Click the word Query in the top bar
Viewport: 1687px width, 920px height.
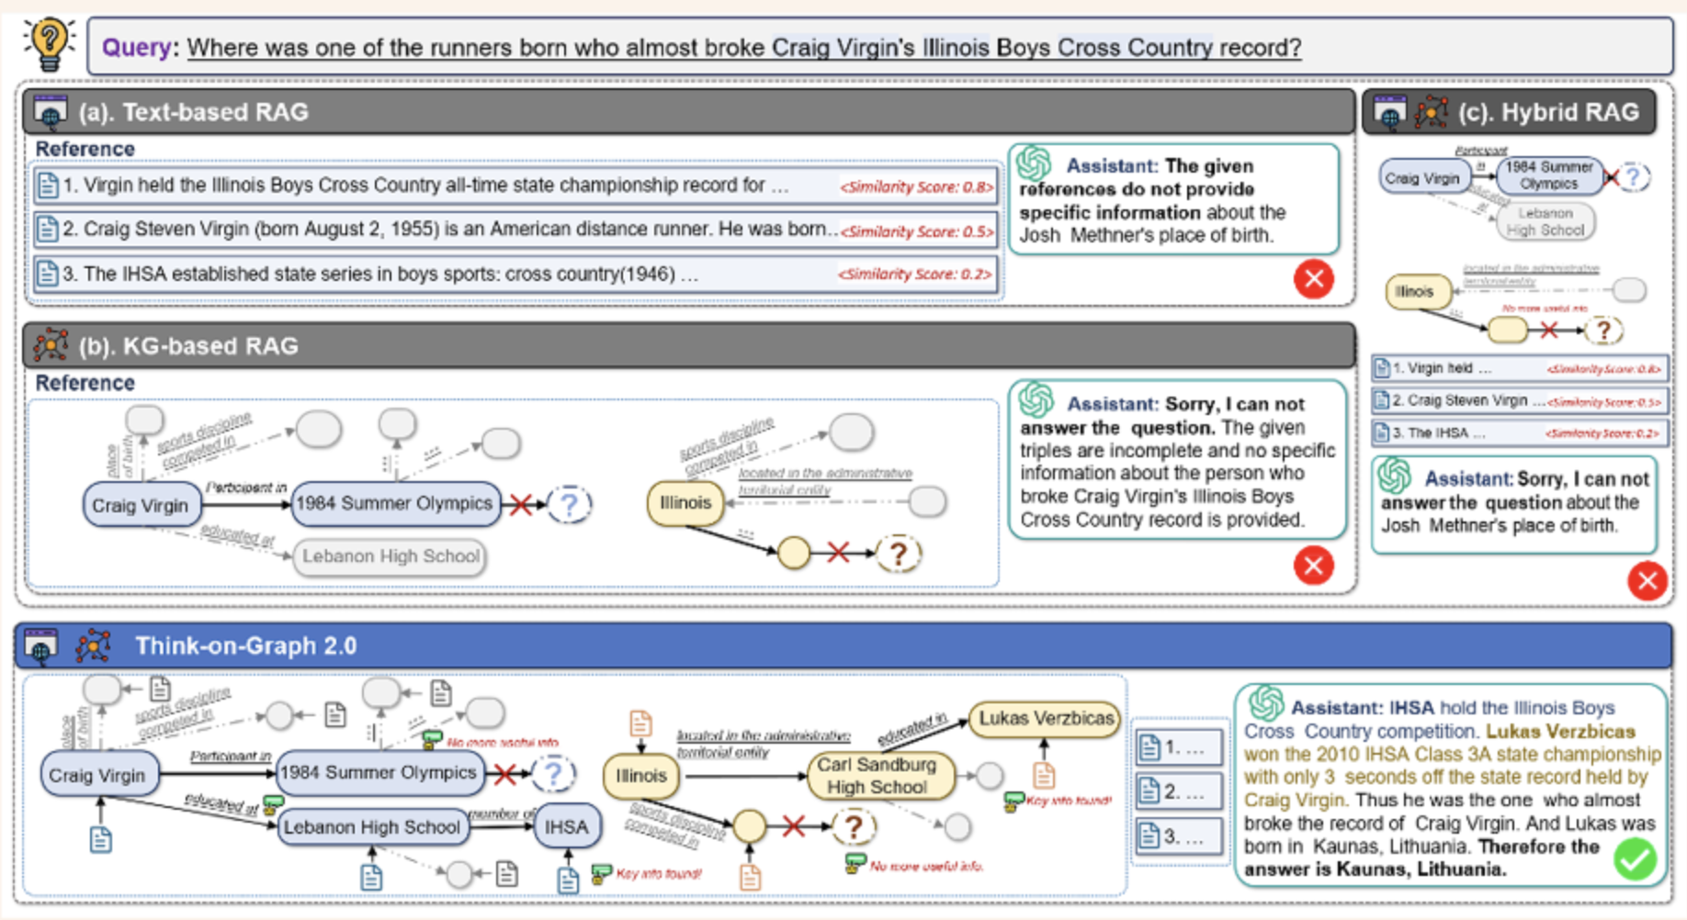[136, 47]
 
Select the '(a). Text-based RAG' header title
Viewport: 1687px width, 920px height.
[193, 112]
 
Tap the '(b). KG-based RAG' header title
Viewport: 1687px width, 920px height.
[188, 346]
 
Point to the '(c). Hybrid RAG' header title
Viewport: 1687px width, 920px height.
[1548, 112]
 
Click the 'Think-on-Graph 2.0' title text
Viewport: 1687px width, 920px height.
[246, 646]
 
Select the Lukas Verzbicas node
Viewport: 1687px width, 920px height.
[1046, 718]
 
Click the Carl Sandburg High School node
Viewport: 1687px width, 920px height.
[877, 776]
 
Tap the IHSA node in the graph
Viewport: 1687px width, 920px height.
[566, 826]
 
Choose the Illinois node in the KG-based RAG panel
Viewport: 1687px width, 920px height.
[685, 503]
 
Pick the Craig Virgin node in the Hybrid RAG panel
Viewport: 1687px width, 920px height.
[1421, 178]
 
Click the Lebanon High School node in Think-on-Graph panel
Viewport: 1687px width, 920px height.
[371, 826]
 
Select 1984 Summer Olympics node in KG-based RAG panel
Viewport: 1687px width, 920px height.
[395, 503]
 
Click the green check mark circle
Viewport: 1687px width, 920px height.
[1636, 860]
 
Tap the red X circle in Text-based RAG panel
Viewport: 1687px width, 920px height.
[1314, 278]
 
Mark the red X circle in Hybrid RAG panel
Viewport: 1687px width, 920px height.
[1647, 580]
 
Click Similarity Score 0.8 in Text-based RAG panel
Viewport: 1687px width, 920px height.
[916, 187]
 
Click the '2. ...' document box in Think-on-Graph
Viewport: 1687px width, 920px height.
[1180, 791]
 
